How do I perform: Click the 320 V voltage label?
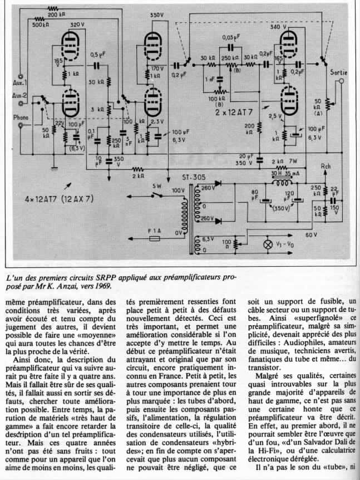[x=77, y=25]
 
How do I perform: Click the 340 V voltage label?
[x=275, y=27]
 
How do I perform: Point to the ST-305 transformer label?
[x=192, y=178]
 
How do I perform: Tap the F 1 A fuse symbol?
[x=155, y=237]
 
